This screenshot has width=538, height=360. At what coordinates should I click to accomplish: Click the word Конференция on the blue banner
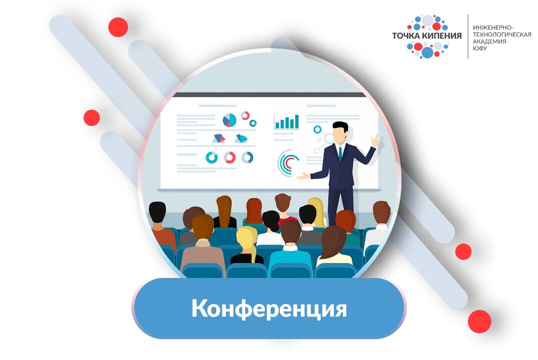269,309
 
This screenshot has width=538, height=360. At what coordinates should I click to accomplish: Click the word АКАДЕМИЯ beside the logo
489,41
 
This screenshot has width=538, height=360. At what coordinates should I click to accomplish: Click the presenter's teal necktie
340,152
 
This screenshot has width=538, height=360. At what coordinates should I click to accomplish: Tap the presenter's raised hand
375,140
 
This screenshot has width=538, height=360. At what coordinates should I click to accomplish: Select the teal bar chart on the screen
287,122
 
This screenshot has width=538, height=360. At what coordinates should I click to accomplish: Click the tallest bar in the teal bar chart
296,121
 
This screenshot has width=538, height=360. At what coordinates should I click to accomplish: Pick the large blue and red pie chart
229,120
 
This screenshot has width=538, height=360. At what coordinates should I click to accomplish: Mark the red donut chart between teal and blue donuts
230,157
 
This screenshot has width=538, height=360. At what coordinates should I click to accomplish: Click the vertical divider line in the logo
468,36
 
